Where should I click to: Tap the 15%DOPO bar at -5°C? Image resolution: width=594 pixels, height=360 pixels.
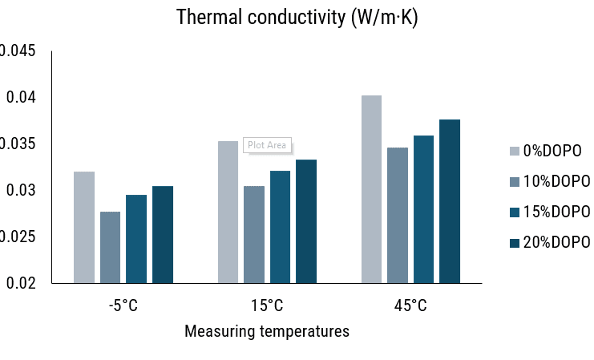[136, 239]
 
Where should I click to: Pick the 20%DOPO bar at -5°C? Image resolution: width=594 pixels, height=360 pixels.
[163, 234]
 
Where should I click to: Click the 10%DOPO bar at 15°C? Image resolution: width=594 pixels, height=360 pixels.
[254, 234]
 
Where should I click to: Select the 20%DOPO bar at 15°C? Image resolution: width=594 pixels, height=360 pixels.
[306, 221]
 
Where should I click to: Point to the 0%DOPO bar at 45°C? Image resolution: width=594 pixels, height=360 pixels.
[371, 189]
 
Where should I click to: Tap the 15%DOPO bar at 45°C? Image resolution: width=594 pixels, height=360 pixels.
[423, 209]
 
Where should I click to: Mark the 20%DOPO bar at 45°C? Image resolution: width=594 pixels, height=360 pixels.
[450, 201]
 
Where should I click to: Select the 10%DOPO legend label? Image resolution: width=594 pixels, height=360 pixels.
[556, 181]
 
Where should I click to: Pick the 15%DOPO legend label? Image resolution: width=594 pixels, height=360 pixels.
[556, 212]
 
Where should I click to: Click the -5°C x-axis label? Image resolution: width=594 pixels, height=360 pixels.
[123, 305]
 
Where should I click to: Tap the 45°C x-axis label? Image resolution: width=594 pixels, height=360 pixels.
[410, 305]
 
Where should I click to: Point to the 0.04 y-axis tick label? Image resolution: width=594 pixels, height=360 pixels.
[19, 98]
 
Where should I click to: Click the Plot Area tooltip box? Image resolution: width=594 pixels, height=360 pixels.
[267, 145]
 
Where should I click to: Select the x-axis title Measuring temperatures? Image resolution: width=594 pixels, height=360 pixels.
[267, 331]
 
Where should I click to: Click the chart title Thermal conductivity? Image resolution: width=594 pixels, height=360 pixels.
[297, 18]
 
